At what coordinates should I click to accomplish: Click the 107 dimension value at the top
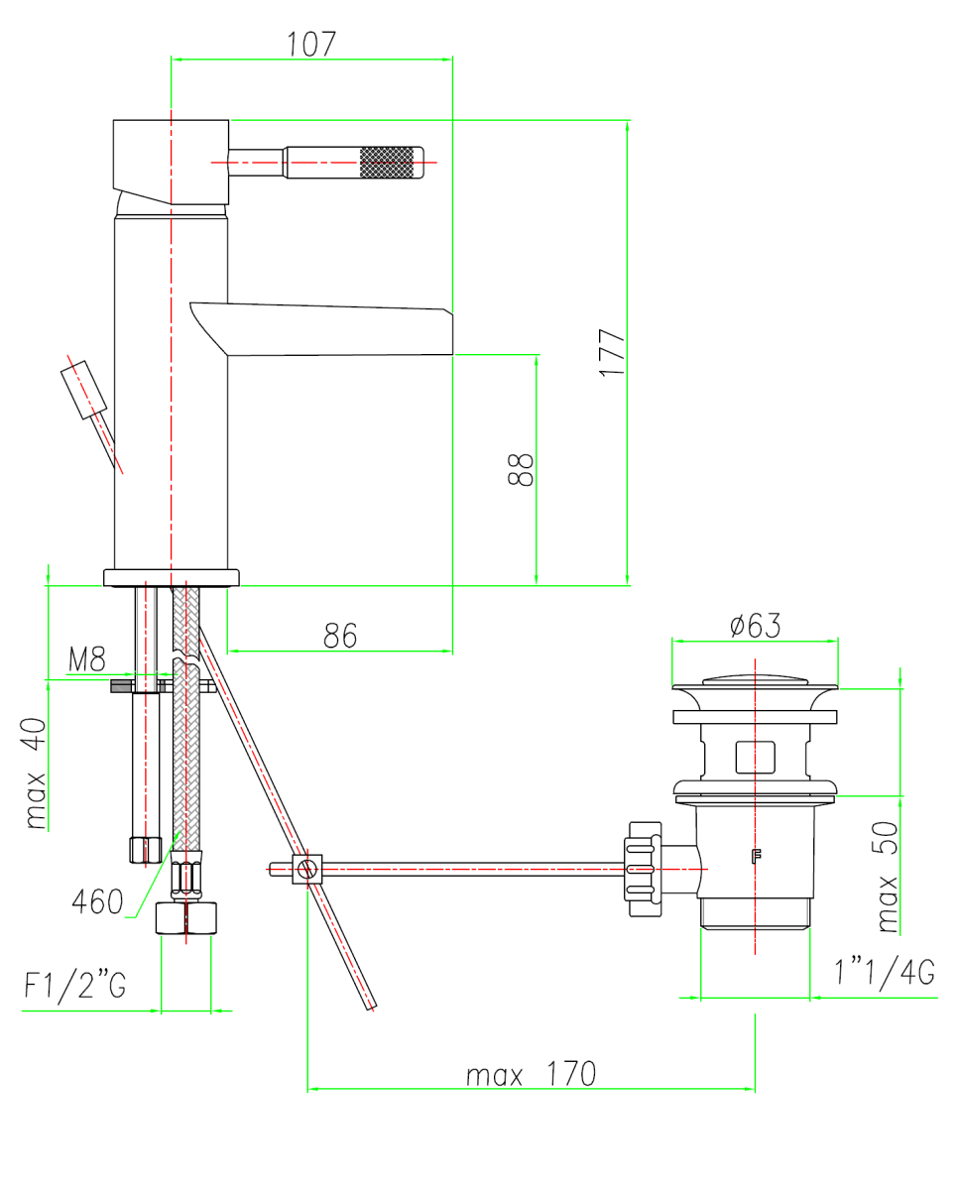[311, 45]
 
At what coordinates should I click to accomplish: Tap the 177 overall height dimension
[611, 353]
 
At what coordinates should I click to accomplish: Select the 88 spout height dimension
[520, 469]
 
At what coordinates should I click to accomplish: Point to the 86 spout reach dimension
[340, 636]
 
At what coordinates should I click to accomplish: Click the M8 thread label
[87, 659]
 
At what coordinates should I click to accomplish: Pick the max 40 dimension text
[36, 773]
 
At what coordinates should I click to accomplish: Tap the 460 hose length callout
[97, 901]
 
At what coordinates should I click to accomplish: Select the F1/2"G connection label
[75, 985]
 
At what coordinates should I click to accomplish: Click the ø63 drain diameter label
[755, 626]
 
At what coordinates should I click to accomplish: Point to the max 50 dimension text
[887, 877]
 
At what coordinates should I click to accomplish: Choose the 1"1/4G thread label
[884, 972]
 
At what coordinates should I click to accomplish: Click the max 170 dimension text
[531, 1074]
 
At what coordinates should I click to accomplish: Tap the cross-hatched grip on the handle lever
[387, 163]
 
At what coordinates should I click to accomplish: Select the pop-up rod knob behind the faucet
[84, 390]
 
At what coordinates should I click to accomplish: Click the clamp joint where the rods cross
[307, 870]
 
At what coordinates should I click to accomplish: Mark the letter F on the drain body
[757, 856]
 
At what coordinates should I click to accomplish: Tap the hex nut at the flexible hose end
[185, 918]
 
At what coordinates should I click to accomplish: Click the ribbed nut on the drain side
[644, 870]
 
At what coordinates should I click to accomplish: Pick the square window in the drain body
[755, 757]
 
